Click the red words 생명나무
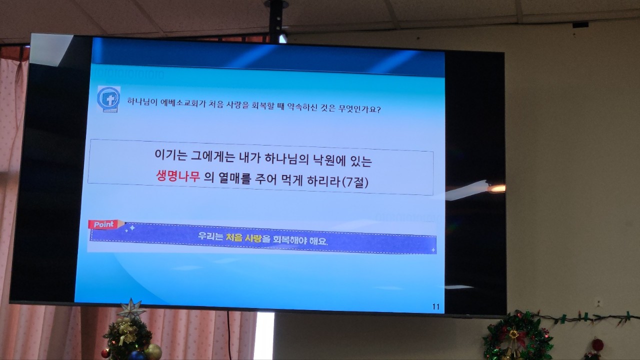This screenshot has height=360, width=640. [177, 176]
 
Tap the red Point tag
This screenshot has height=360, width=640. [104, 224]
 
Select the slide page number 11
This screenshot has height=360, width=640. [435, 306]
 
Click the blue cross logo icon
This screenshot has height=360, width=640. [108, 99]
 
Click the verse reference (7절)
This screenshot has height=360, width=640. [355, 182]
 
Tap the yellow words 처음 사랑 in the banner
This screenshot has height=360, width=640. [243, 237]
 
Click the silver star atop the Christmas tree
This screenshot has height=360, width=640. [131, 308]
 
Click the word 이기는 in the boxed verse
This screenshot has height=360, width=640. [171, 154]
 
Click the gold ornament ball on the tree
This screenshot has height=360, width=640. [153, 351]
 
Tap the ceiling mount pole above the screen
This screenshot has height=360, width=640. [275, 20]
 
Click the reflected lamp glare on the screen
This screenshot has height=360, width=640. [496, 188]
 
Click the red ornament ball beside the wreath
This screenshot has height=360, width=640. [597, 345]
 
